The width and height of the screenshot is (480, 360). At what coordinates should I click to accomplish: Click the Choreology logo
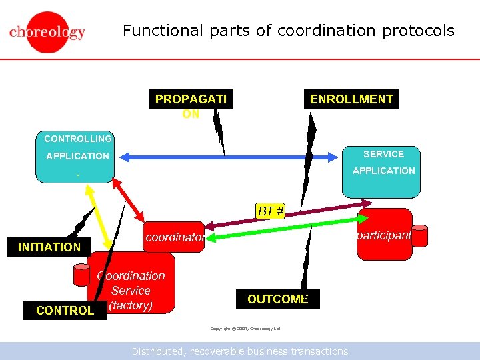pos(47,32)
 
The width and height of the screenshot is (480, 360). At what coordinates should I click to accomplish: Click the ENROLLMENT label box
pos(351,99)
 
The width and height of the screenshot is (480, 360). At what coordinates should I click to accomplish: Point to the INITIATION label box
pos(49,247)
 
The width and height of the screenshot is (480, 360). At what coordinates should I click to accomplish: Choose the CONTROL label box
pos(65,310)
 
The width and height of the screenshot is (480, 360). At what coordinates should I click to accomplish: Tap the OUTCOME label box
pos(277,299)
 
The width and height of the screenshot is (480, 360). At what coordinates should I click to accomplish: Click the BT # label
pos(271,211)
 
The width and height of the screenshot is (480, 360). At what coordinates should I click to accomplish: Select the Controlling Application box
pos(75,157)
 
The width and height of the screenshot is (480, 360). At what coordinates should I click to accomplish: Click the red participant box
pos(385,235)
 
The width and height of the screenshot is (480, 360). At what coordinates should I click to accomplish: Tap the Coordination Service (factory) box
pos(131,284)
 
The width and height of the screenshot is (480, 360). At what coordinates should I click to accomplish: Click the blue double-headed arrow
pos(227,157)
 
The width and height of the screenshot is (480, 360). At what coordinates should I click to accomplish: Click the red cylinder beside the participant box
pos(419,235)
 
